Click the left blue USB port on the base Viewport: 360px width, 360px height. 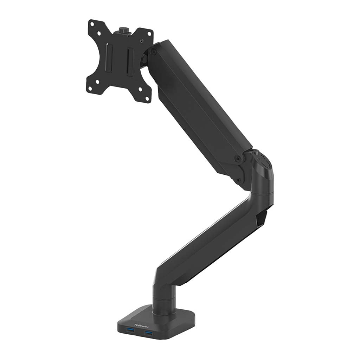[131, 329]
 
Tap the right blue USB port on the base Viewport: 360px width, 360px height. [148, 333]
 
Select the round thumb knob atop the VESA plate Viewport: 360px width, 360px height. [124, 30]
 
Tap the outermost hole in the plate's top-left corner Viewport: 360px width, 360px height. [92, 25]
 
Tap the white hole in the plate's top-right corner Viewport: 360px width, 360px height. [149, 34]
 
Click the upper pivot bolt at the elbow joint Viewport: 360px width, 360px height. [238, 159]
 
